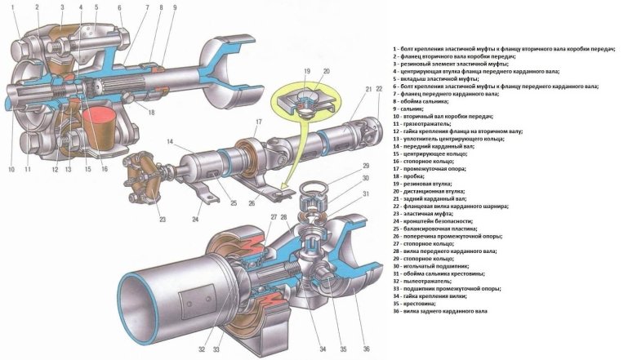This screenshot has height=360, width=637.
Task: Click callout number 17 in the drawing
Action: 257,122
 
